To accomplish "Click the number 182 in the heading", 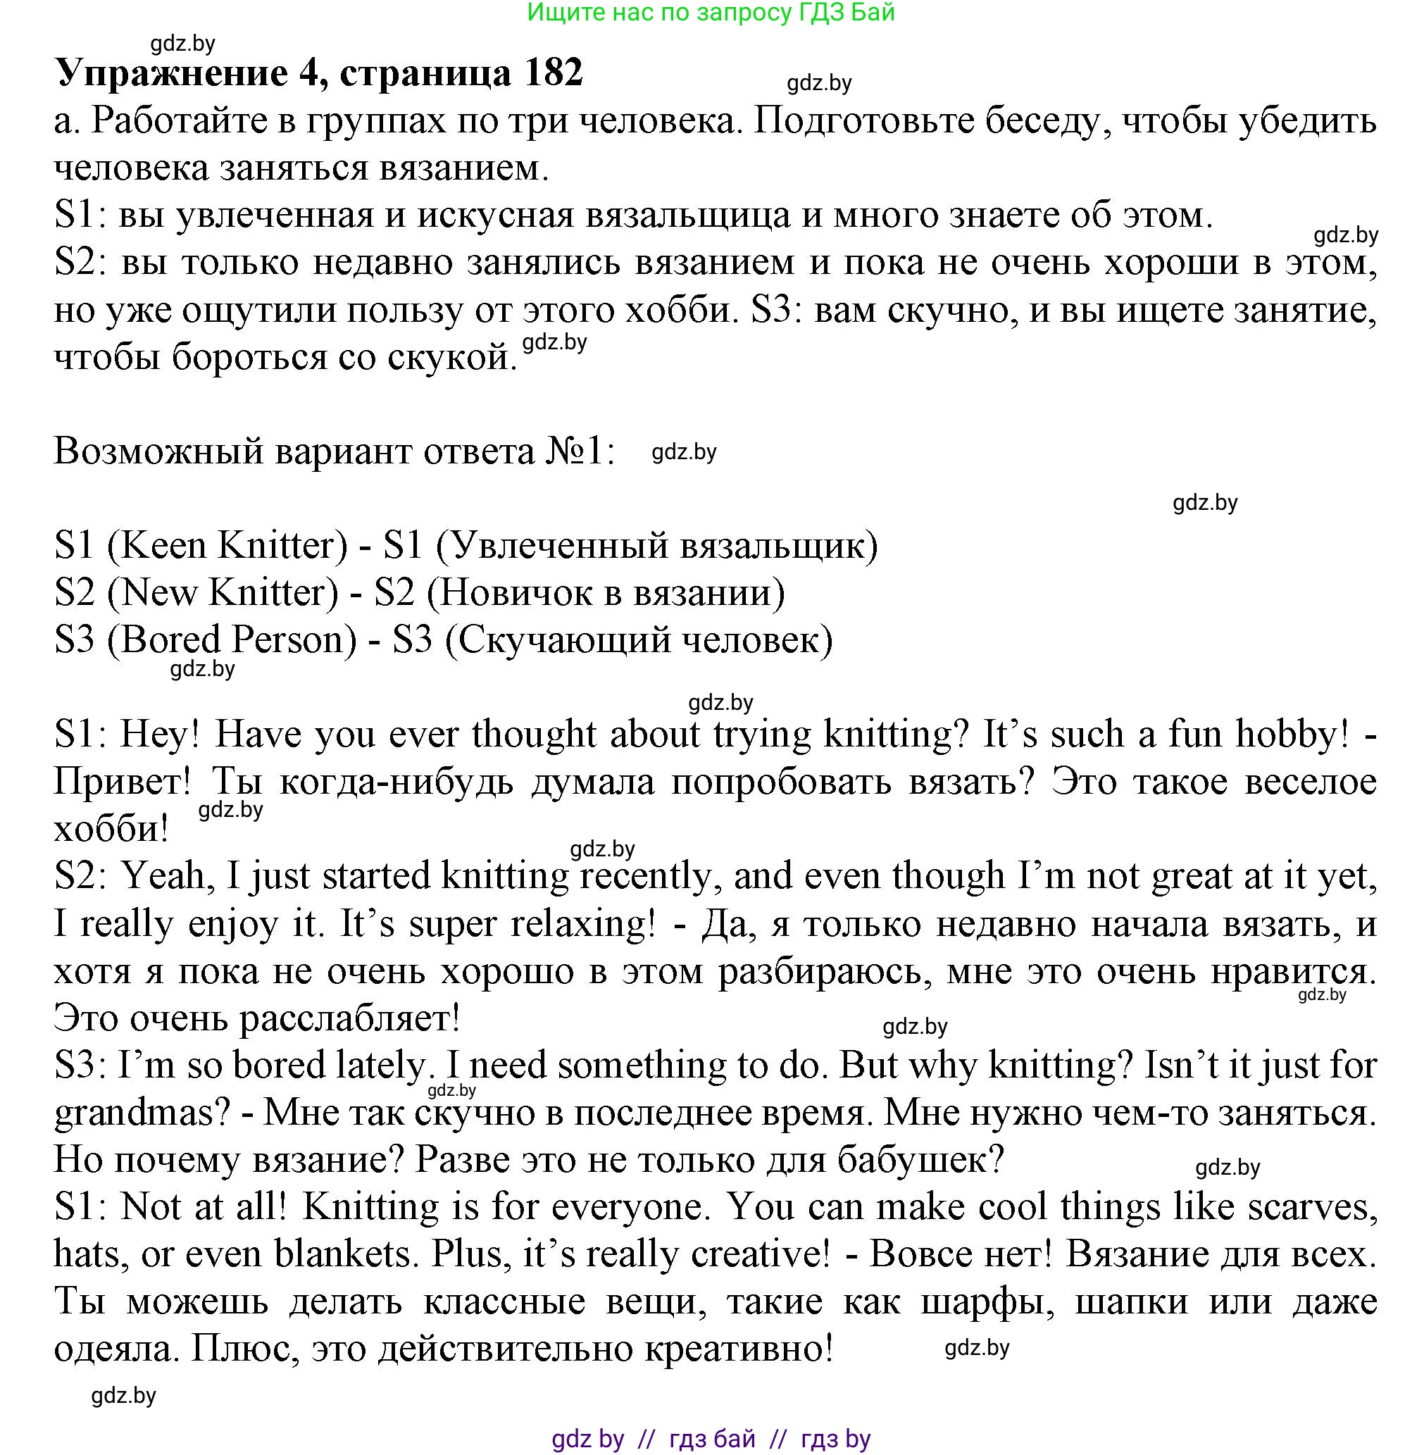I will [x=554, y=73].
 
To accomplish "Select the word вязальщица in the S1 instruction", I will [x=687, y=216].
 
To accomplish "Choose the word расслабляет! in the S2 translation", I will [x=349, y=1018].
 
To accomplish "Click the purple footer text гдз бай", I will [x=712, y=1439].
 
